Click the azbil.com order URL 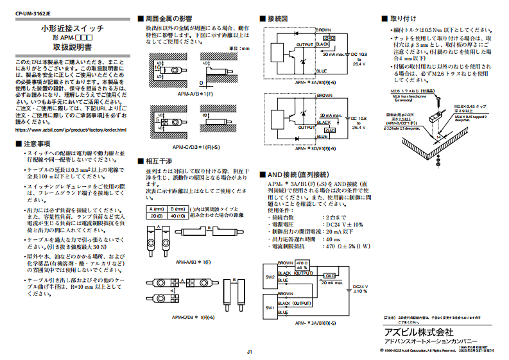(71, 130)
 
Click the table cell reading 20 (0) (155, 216)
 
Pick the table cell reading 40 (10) (177, 216)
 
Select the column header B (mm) (177, 209)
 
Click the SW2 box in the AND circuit (270, 277)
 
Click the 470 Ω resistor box (303, 265)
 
